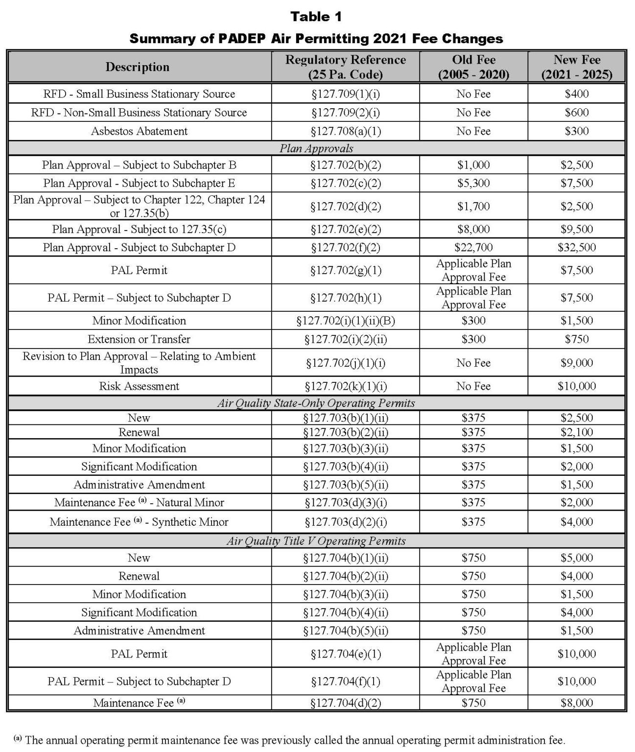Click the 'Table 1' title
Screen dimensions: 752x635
(x=316, y=17)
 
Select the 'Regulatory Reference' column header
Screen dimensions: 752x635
(x=345, y=67)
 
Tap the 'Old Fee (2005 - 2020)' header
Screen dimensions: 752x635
(x=473, y=67)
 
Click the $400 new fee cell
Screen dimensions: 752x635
(x=576, y=94)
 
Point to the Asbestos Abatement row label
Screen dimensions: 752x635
(x=139, y=131)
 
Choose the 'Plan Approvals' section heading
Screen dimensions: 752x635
(x=316, y=148)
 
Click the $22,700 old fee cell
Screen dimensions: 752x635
(x=473, y=247)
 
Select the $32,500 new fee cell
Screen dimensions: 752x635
(x=576, y=247)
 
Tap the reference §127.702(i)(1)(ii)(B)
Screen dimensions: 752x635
(x=345, y=321)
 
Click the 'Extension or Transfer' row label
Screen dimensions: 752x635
(x=139, y=339)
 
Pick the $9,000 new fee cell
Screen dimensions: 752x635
(x=576, y=363)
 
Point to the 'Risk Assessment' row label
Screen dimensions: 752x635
(x=139, y=386)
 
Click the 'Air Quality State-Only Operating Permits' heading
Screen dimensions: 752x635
(x=316, y=403)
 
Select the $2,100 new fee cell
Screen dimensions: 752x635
(x=576, y=432)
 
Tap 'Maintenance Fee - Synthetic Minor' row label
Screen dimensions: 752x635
(x=139, y=522)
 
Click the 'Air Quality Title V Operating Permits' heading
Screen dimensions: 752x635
(x=316, y=541)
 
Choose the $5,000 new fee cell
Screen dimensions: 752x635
(x=576, y=558)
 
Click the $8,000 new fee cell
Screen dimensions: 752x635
(x=576, y=703)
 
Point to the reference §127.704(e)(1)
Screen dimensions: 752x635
(x=345, y=654)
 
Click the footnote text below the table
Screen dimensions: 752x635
(x=289, y=740)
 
